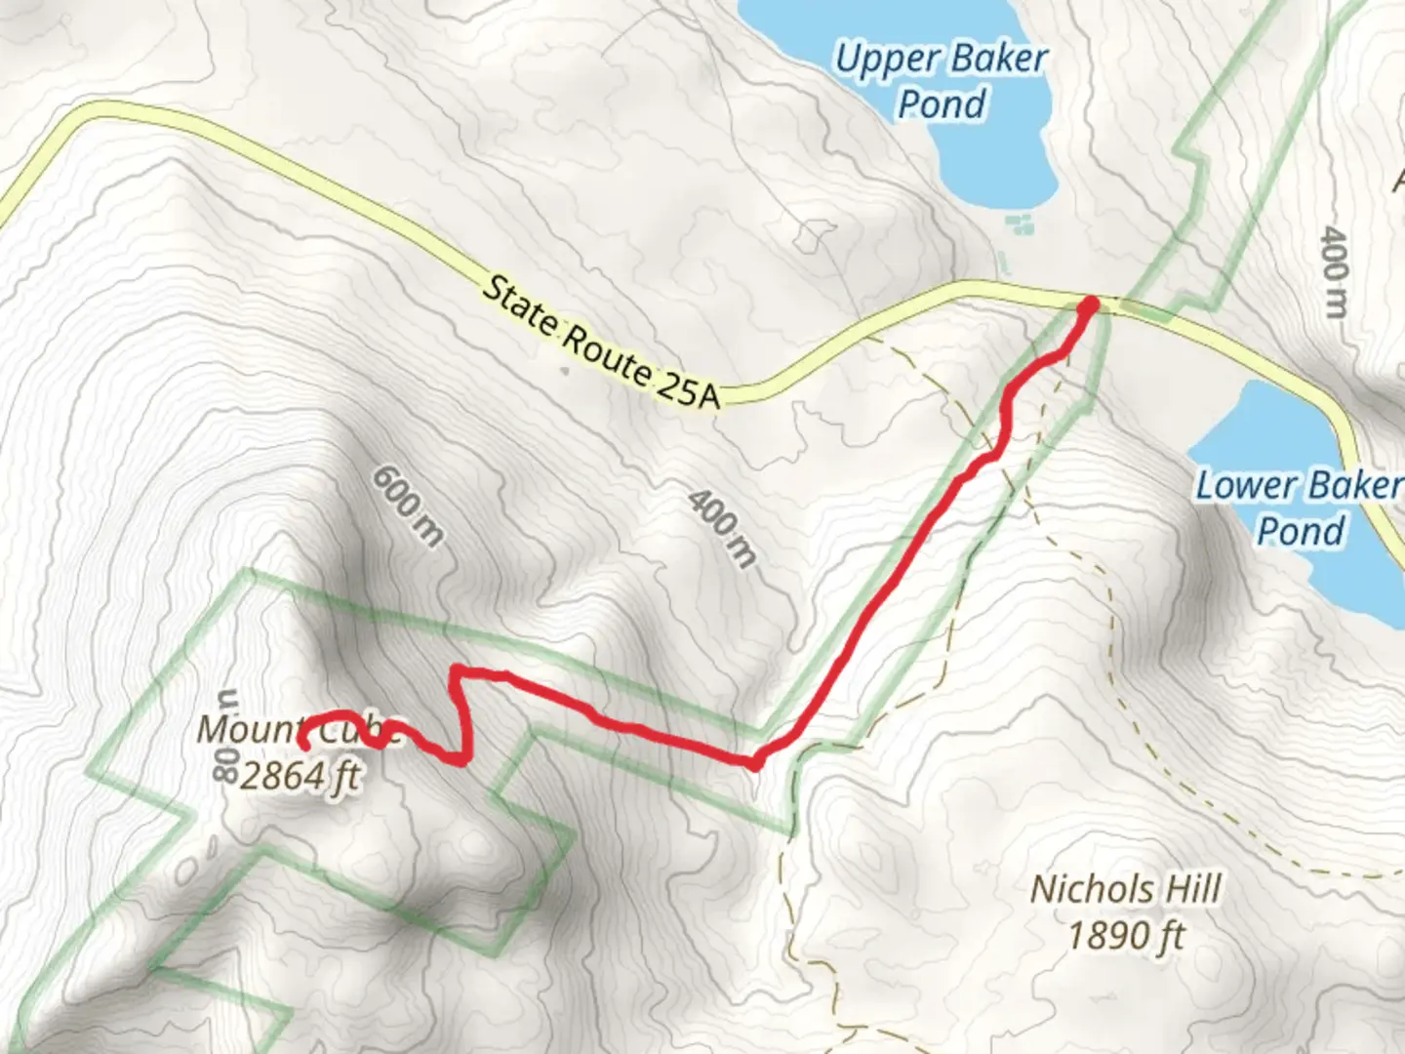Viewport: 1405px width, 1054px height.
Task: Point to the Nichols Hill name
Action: click(1126, 889)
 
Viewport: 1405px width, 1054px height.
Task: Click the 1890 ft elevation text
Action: click(1126, 935)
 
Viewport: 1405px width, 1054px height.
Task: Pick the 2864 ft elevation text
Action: click(301, 776)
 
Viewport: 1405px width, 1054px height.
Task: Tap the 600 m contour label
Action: click(408, 505)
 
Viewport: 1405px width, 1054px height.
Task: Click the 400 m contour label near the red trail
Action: click(722, 527)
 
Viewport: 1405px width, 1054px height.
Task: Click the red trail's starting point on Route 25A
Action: click(1088, 305)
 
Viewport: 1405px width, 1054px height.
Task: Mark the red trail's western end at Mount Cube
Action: click(303, 745)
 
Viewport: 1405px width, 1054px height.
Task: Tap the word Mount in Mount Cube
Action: click(248, 728)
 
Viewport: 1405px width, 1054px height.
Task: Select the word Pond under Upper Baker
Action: click(942, 103)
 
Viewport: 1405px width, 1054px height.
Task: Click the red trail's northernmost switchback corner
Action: click(456, 671)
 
